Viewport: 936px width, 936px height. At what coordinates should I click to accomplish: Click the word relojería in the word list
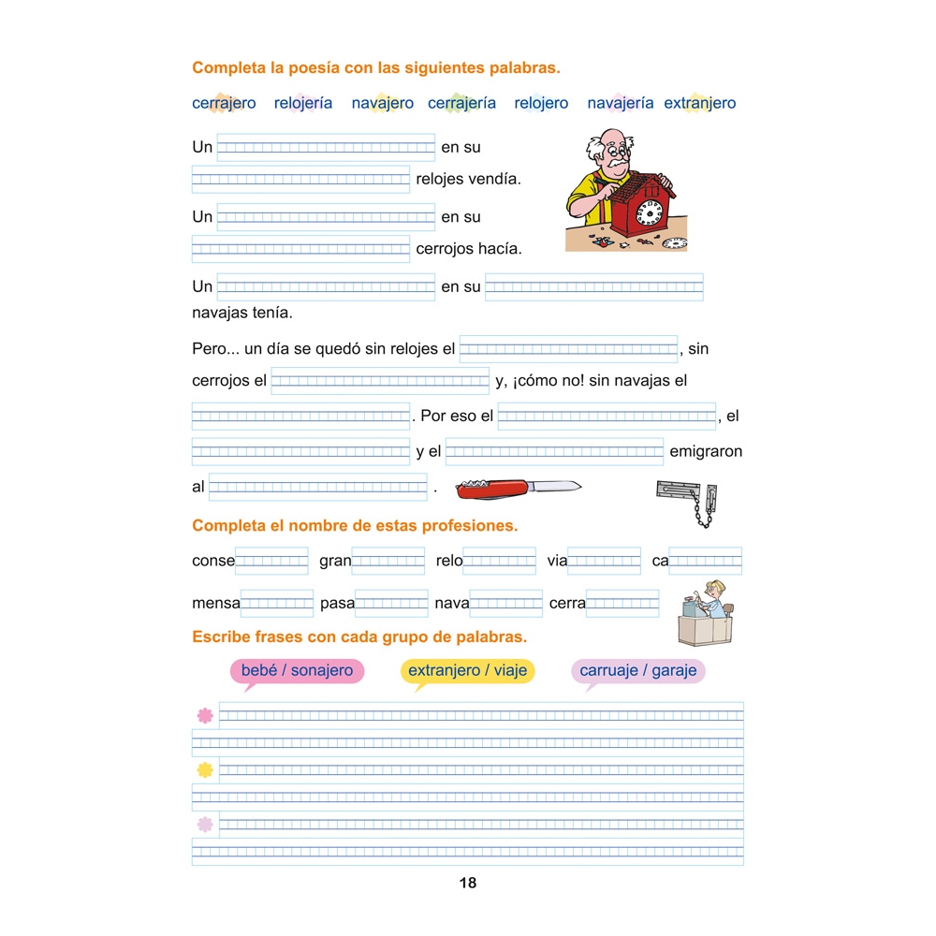[302, 104]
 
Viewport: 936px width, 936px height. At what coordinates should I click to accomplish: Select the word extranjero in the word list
[699, 104]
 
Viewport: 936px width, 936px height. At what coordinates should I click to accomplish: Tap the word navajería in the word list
[620, 104]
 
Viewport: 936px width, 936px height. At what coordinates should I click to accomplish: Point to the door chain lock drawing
[688, 501]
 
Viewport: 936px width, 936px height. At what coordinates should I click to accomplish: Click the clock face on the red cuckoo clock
[649, 213]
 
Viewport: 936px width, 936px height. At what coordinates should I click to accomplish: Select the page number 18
[468, 883]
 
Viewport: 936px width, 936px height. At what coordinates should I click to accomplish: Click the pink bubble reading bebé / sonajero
[297, 671]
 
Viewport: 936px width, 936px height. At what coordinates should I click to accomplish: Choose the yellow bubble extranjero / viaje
[467, 671]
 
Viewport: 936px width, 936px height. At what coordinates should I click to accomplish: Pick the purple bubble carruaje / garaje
[637, 671]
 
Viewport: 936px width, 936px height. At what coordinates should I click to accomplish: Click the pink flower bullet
[205, 716]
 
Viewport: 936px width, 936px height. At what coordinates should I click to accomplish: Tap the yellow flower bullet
[205, 770]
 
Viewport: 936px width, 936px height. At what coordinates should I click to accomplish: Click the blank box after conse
[271, 561]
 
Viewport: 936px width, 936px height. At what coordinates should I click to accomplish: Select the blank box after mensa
[277, 604]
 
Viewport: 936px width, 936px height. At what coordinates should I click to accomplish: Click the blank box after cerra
[622, 604]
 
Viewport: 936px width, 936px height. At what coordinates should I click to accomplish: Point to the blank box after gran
[388, 561]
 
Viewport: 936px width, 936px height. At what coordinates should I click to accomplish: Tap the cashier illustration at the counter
[707, 613]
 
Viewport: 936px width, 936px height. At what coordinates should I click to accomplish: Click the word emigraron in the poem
[706, 452]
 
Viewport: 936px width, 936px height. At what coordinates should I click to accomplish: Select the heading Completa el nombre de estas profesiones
[355, 526]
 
